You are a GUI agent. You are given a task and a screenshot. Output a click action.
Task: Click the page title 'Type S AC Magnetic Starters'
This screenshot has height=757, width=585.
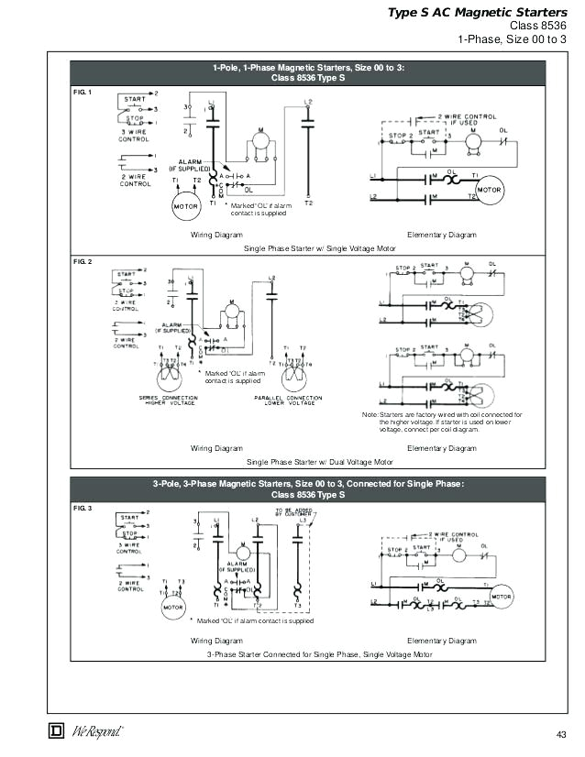point(476,13)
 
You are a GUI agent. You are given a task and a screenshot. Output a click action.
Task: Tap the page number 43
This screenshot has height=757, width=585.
point(561,733)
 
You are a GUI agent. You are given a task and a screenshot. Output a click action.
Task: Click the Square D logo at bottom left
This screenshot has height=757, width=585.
point(54,730)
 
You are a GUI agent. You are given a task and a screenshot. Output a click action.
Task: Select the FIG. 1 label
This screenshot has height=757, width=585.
point(83,93)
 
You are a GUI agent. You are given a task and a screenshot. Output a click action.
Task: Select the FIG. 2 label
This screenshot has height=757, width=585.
point(83,262)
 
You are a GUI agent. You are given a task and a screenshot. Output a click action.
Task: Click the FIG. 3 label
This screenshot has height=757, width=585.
point(83,507)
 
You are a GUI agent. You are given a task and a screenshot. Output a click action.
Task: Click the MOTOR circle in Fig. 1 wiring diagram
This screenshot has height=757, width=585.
point(186,206)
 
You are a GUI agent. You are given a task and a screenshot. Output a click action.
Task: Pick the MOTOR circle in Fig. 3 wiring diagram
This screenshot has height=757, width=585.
point(174,607)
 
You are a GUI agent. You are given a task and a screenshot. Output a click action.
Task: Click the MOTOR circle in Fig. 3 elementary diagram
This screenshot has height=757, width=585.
point(502,597)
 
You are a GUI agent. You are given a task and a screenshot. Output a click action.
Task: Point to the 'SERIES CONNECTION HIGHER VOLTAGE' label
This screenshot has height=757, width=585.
point(167,400)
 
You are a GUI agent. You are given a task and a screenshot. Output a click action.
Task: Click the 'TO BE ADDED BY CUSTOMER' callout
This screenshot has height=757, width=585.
point(292,513)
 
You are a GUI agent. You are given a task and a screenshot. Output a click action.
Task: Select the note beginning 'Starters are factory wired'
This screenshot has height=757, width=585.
point(442,422)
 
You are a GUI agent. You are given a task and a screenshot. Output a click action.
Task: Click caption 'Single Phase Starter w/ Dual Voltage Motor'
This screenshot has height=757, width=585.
point(319,462)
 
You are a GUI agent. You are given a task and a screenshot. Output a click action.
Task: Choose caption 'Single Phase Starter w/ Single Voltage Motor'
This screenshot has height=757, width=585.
point(319,248)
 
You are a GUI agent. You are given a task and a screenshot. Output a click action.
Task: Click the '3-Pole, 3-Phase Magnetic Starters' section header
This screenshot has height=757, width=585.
point(308,488)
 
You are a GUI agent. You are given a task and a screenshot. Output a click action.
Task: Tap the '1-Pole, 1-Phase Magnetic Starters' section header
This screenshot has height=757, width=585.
point(308,72)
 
